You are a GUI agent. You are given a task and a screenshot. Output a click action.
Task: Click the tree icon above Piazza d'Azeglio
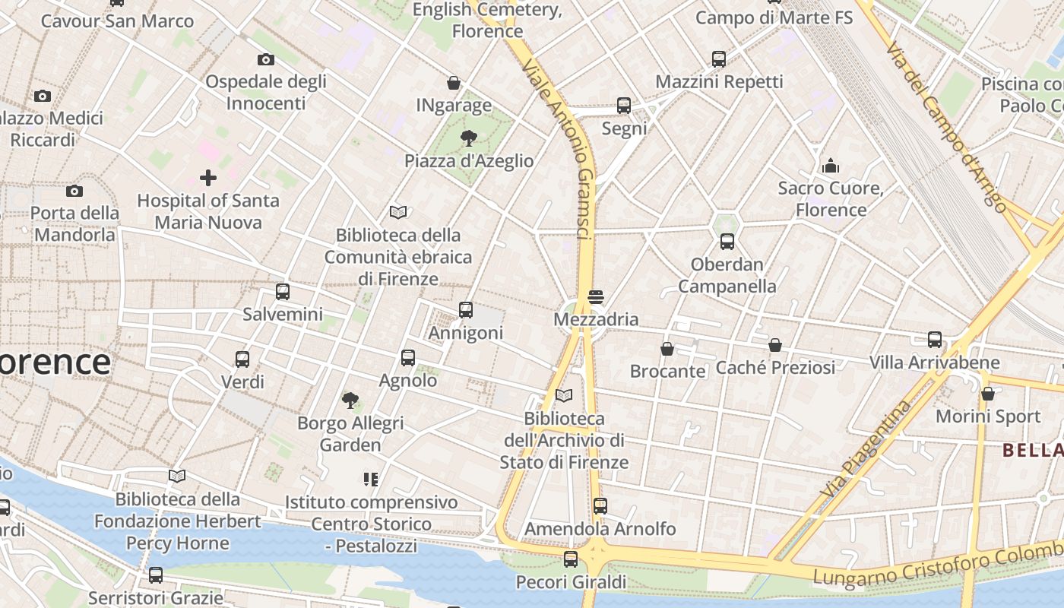click(469, 138)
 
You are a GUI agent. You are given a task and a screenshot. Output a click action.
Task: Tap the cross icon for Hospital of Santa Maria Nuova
click(207, 178)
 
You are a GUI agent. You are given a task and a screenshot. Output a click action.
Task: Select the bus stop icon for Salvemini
click(283, 291)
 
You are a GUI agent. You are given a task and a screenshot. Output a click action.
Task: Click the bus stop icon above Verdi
click(242, 359)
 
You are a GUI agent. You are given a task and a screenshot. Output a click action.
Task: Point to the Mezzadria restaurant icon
click(596, 296)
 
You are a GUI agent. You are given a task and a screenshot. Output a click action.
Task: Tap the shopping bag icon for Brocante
click(667, 349)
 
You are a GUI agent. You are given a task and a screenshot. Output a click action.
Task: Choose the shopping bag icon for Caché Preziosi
click(775, 345)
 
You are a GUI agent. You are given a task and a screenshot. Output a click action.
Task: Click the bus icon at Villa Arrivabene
click(935, 339)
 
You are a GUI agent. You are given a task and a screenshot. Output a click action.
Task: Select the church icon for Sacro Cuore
click(831, 165)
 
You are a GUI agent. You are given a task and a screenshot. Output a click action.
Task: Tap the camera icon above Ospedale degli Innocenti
click(265, 59)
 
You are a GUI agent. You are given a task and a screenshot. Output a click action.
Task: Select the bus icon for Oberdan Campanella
click(727, 242)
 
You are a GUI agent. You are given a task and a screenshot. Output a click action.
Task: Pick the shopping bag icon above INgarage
click(454, 83)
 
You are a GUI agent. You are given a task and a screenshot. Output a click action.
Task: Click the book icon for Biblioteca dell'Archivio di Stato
click(563, 395)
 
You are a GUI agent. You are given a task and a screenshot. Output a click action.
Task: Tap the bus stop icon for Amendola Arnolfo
click(600, 505)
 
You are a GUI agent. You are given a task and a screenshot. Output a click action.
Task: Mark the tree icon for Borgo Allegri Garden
click(350, 400)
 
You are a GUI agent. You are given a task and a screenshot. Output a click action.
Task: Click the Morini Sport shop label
click(988, 416)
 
